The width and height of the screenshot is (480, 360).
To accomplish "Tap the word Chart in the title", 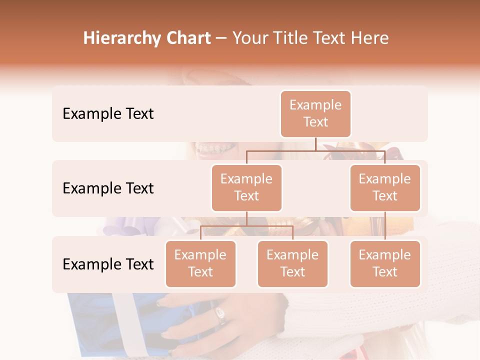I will click(185, 38).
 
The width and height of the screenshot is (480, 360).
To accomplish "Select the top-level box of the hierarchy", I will click(315, 114).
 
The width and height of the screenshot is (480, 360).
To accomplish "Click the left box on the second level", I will click(246, 188).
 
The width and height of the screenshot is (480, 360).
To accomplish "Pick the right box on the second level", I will click(385, 188).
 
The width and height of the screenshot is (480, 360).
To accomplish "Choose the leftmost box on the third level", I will click(200, 264).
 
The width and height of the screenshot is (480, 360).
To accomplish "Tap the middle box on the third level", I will click(292, 264).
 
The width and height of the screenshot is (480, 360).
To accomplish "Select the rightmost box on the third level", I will click(385, 264).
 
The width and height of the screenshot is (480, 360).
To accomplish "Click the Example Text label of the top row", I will click(108, 114).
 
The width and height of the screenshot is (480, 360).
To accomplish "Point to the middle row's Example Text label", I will click(108, 188).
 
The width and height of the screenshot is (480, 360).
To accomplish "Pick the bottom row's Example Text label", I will click(108, 264).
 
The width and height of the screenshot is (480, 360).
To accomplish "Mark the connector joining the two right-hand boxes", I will click(385, 226).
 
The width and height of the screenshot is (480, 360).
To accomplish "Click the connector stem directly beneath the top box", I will click(315, 144).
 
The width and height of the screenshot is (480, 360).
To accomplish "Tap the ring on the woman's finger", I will click(220, 315).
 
